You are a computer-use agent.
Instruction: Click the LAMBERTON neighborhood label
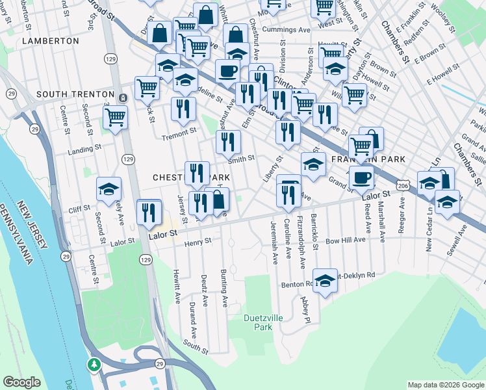click(x=51, y=40)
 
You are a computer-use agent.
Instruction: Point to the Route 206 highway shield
click(x=403, y=186)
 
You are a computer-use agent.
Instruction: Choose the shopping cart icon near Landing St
click(x=115, y=118)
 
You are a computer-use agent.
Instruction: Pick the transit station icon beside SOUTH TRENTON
click(x=123, y=97)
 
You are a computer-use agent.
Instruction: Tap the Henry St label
click(x=198, y=242)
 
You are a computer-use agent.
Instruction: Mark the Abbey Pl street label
click(x=304, y=309)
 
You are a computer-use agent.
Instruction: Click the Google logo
click(x=22, y=382)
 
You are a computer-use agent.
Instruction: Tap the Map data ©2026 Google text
click(x=445, y=385)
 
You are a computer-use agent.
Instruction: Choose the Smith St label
click(x=240, y=157)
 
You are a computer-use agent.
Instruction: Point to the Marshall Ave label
click(x=382, y=220)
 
